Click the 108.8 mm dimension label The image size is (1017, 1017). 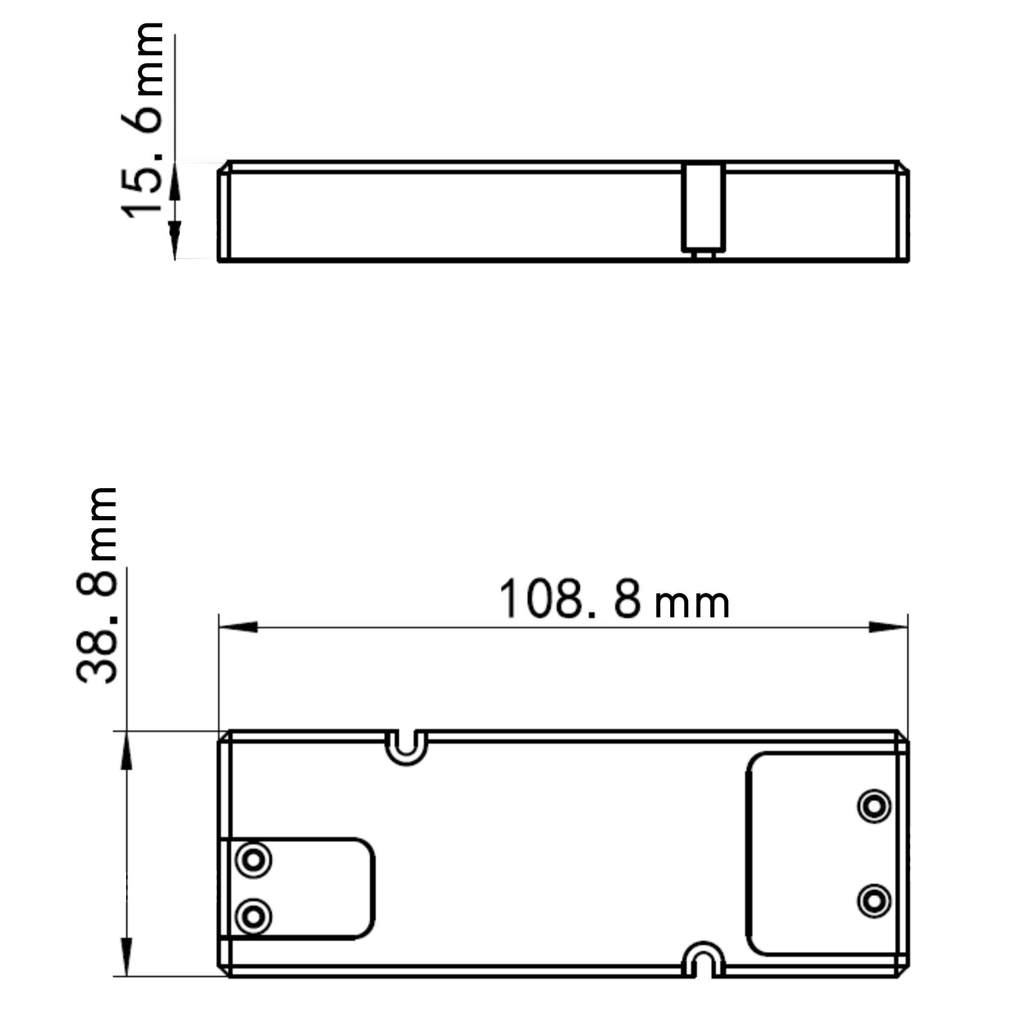613,600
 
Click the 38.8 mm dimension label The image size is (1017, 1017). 97,585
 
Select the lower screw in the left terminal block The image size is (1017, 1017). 254,917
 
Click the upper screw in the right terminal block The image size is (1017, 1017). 874,806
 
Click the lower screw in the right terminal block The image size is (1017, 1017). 874,901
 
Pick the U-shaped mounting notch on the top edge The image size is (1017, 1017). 406,746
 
